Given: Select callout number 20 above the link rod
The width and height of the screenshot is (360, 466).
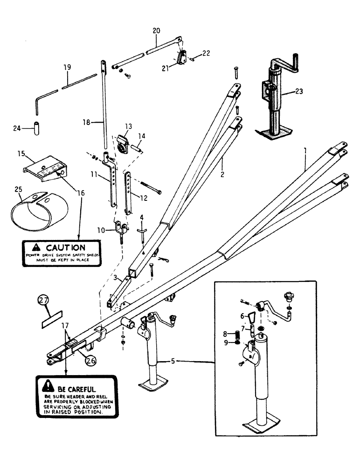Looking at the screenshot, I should pos(156,30).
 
